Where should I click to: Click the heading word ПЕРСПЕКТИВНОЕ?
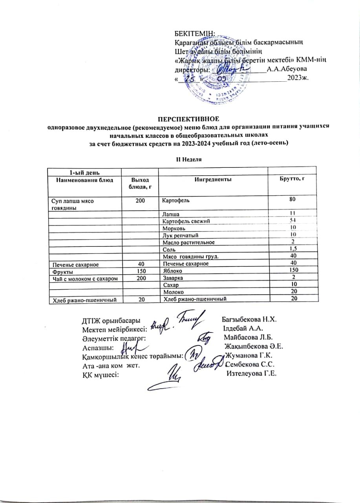pyautogui.click(x=188, y=118)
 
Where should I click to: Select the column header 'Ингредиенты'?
pyautogui.click(x=212, y=179)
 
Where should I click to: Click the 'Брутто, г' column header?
pyautogui.click(x=292, y=179)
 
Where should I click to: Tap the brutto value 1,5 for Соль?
pyautogui.click(x=292, y=249)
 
